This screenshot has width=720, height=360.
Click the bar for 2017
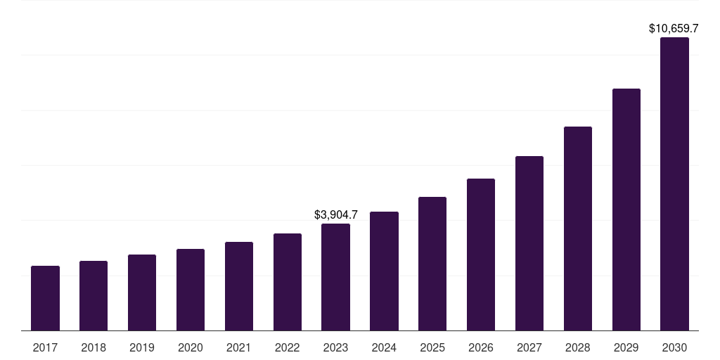tap(45, 298)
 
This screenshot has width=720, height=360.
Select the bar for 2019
tap(142, 292)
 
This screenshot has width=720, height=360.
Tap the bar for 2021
tap(239, 286)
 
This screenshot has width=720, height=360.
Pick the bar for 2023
tap(335, 277)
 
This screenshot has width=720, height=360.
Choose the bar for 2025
tap(432, 264)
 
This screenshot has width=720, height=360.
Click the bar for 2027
tap(529, 243)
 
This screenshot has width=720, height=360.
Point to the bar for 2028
tap(578, 229)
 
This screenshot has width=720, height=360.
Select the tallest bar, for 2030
tap(674, 184)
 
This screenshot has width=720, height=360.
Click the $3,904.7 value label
tap(336, 214)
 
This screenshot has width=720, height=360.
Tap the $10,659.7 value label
tap(674, 29)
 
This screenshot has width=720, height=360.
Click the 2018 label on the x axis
tap(94, 347)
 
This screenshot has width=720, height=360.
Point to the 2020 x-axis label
tap(191, 347)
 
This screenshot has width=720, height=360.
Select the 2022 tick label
tap(288, 347)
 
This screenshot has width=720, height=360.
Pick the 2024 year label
tap(384, 347)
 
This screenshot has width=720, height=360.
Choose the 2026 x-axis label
tap(481, 347)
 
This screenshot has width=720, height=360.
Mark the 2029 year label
tap(626, 347)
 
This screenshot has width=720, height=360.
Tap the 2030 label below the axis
tap(674, 347)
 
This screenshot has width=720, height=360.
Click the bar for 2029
tap(626, 210)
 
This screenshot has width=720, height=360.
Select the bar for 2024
tap(384, 271)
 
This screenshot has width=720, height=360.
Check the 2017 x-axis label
tap(45, 347)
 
